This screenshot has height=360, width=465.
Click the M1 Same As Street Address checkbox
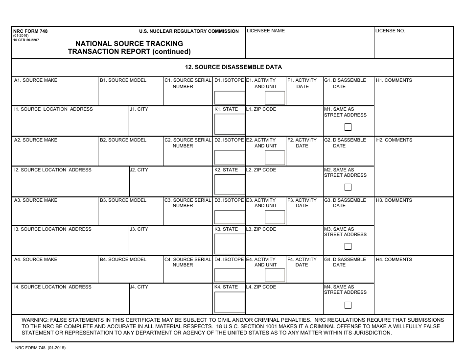click(348, 127)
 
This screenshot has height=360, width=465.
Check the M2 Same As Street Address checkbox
click(348, 187)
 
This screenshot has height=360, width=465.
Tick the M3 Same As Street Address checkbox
click(348, 246)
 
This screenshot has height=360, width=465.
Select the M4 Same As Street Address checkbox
click(348, 305)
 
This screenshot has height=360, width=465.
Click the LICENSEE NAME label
click(266, 31)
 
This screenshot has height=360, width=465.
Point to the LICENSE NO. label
click(390, 31)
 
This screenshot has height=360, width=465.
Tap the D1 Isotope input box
click(230, 98)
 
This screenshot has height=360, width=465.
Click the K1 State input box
click(230, 124)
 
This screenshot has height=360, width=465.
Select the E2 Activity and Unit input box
click(275, 157)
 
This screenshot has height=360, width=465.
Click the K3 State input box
click(230, 244)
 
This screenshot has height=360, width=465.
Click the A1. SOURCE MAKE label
click(36, 80)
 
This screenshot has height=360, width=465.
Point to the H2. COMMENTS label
click(394, 140)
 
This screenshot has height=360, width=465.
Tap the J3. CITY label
click(139, 229)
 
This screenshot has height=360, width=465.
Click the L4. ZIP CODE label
click(261, 287)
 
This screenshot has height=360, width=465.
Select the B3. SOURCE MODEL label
click(123, 200)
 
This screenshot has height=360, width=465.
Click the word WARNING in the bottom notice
click(35, 320)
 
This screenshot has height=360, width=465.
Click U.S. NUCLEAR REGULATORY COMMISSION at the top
click(189, 31)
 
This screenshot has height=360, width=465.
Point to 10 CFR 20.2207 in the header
click(26, 40)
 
